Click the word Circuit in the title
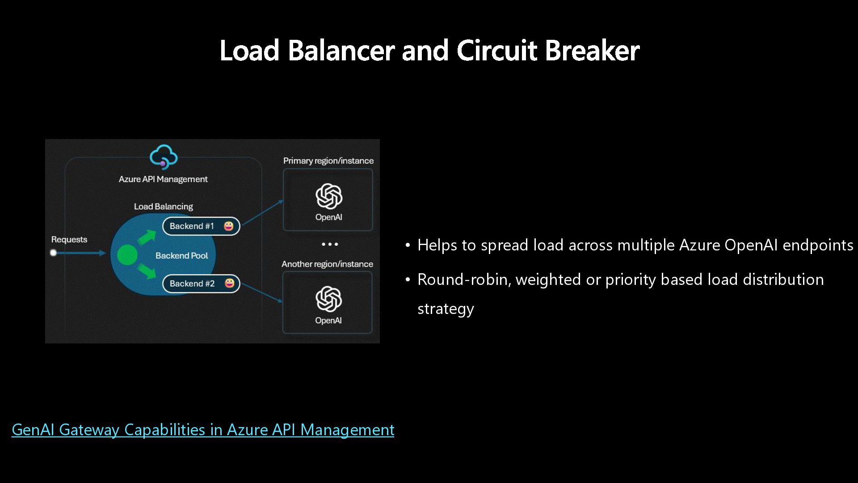pyautogui.click(x=496, y=50)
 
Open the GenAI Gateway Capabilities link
pyautogui.click(x=203, y=430)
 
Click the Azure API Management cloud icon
pyautogui.click(x=164, y=157)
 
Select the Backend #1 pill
pyautogui.click(x=201, y=226)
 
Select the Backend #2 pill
pyautogui.click(x=201, y=284)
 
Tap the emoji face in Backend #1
pyautogui.click(x=229, y=226)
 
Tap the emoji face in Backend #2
pyautogui.click(x=230, y=283)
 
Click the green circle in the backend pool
pyautogui.click(x=127, y=255)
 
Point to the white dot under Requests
pyautogui.click(x=54, y=253)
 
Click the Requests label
pyautogui.click(x=69, y=240)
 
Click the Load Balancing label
pyautogui.click(x=164, y=207)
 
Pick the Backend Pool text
pyautogui.click(x=182, y=256)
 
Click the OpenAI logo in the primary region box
pyautogui.click(x=329, y=196)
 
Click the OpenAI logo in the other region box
pyautogui.click(x=328, y=299)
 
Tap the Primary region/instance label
pyautogui.click(x=328, y=161)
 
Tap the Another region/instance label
pyautogui.click(x=327, y=264)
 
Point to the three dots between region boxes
pyautogui.click(x=330, y=245)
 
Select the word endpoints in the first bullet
pyautogui.click(x=818, y=246)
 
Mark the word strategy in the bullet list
pyautogui.click(x=446, y=309)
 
